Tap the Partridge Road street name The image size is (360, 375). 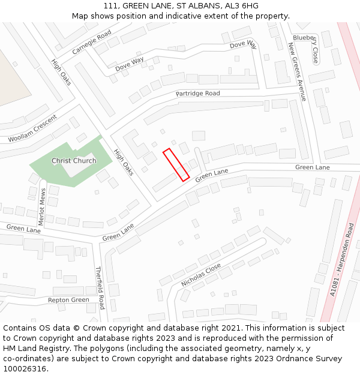197,94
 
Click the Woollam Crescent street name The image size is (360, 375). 32,128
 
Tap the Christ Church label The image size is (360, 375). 74,161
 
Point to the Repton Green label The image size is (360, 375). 68,299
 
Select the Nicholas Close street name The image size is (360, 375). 201,275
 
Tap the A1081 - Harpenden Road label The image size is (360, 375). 342,259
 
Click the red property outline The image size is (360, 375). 176,164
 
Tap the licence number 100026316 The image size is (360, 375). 25,369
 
